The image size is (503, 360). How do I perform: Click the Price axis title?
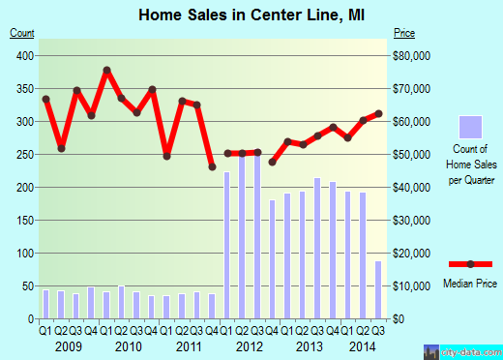[404, 34]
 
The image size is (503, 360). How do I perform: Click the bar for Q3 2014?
[378, 289]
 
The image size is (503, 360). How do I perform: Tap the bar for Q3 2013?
[317, 248]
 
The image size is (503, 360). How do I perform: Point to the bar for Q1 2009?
[45, 304]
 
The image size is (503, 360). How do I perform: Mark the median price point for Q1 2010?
[106, 71]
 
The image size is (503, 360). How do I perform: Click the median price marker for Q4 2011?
[212, 167]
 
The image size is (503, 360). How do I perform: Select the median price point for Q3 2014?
[378, 113]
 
